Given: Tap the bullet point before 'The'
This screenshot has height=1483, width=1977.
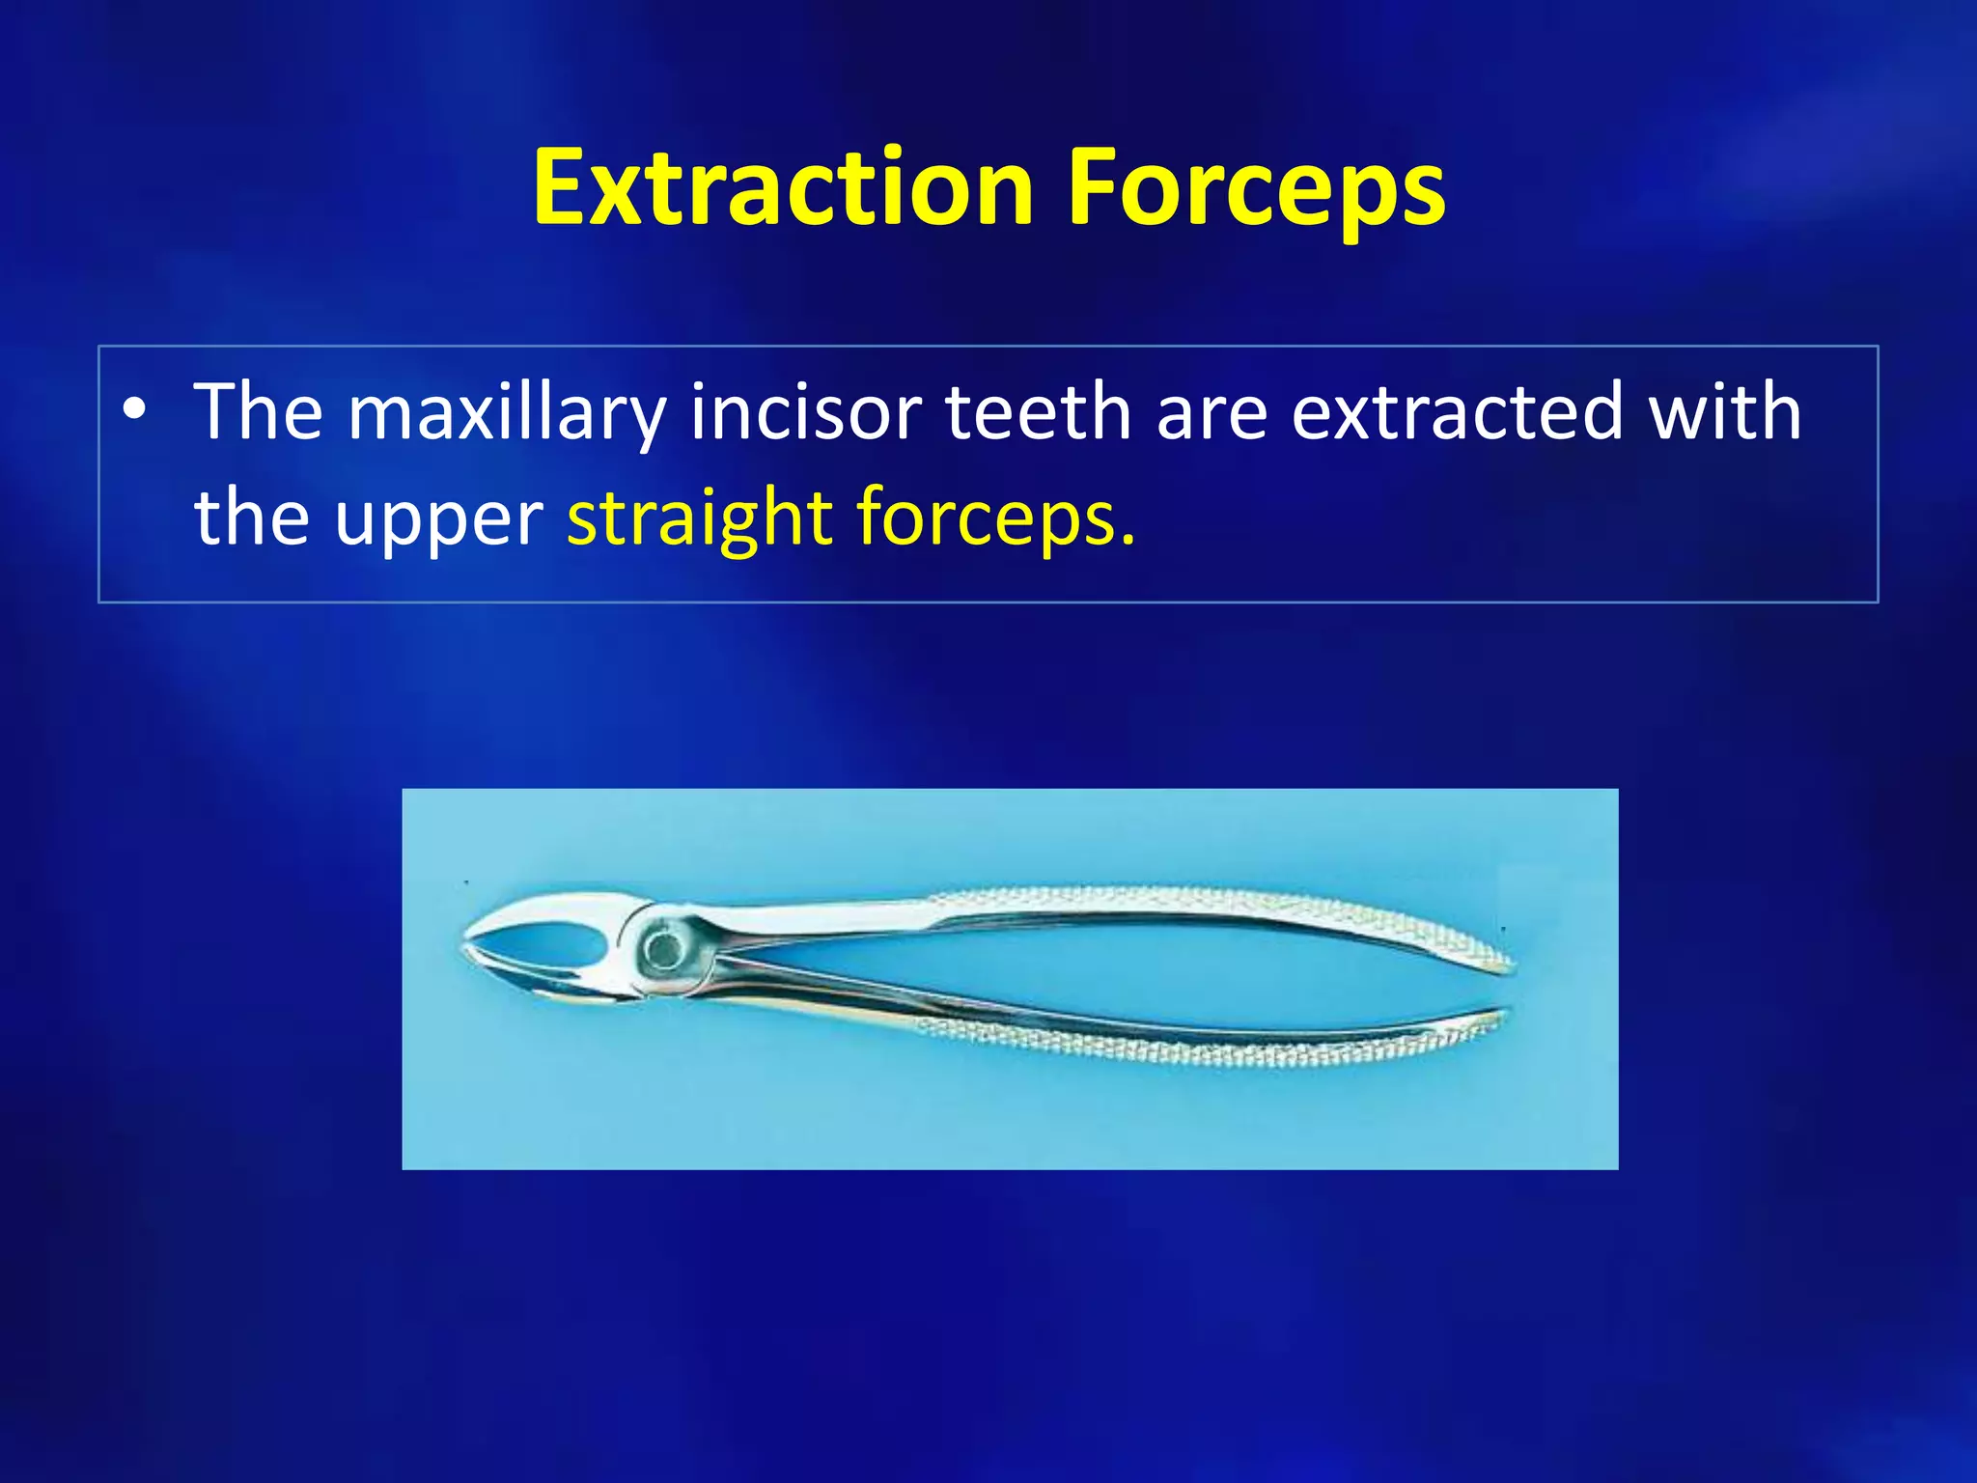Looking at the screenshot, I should coord(135,410).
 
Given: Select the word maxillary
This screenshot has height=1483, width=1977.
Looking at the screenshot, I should coord(506,413).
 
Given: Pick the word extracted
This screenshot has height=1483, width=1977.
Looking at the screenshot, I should coord(1457,412).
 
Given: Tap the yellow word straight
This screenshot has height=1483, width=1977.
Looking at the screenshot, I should coord(699,519).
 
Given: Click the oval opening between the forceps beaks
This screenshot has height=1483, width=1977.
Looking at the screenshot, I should coord(545,942).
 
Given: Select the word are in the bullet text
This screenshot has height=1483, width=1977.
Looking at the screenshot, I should coord(1211,412).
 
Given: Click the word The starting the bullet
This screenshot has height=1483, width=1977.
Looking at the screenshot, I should coord(258,412).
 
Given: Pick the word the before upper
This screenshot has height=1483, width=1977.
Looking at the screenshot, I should coord(251,519).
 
